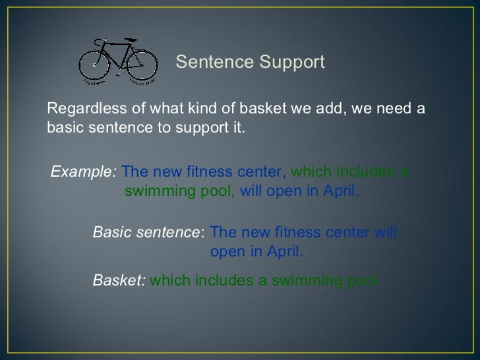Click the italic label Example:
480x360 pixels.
84,172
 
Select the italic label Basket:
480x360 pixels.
119,280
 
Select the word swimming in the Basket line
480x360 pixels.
299,280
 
